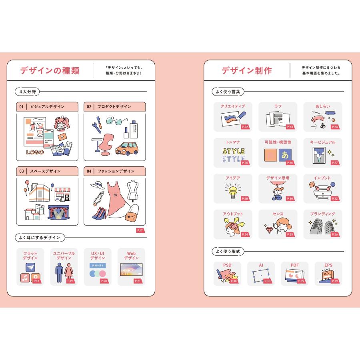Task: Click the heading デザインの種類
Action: pos(50,71)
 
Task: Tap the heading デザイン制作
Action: pos(247,71)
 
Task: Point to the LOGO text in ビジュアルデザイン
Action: pos(35,152)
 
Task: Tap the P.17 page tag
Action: pos(140,231)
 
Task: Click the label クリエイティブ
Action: pos(233,106)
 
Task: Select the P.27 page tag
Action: pos(335,163)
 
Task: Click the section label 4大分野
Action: pos(27,92)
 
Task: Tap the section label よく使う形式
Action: pos(228,252)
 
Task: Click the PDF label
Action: pos(294,265)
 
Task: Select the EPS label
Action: pos(328,265)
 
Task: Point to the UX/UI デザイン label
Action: pos(98,256)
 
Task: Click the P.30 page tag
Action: pos(290,198)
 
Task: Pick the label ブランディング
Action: pos(322,214)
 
